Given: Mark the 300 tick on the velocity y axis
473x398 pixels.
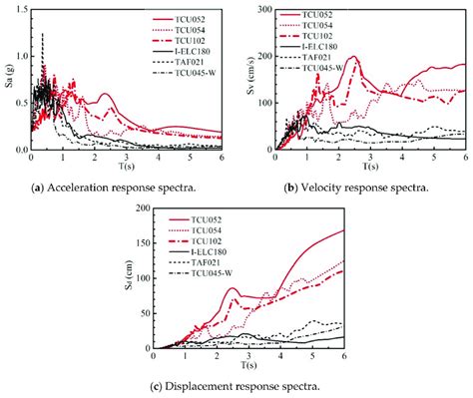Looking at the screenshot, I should coord(258,9).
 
